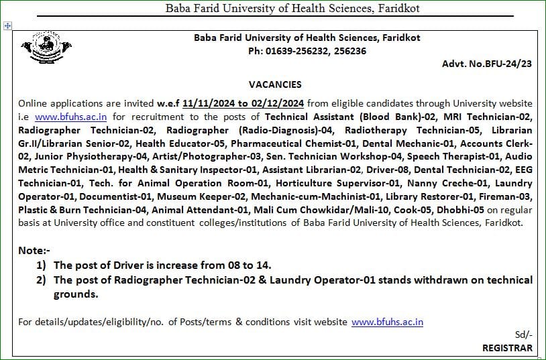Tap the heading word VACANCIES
[x=275, y=84]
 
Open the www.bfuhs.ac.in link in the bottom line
[x=387, y=322]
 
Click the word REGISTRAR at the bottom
[x=507, y=348]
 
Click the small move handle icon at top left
[x=7, y=25]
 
